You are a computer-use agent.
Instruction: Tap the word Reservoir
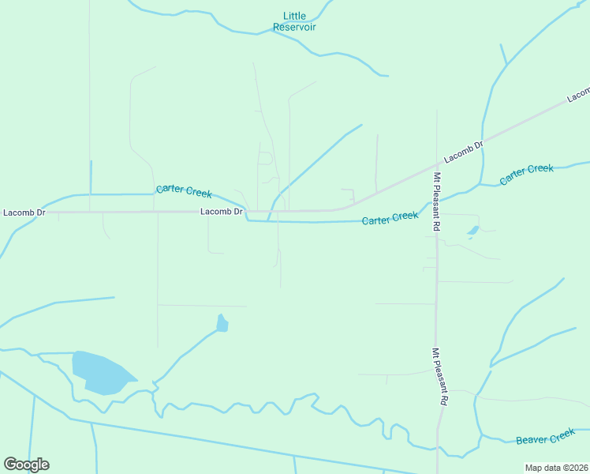294,27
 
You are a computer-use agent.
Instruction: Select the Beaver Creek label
545,437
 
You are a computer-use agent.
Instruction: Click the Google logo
26,465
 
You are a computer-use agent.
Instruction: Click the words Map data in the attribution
543,468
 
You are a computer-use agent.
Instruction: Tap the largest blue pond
99,372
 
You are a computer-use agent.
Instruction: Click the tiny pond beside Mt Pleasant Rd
472,231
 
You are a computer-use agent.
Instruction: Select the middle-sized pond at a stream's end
222,323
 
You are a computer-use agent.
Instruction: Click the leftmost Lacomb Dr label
24,213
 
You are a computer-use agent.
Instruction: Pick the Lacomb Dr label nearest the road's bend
221,212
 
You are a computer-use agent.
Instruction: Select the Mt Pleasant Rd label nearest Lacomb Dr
436,202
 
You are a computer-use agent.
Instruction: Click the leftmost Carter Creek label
184,190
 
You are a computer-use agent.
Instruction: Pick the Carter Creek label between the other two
390,217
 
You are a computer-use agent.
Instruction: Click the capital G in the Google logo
11,465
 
